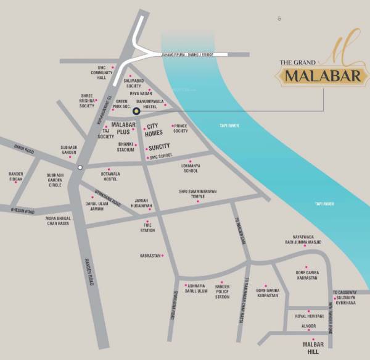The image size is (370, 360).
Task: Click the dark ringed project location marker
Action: (137, 112)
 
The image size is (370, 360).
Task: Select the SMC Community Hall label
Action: (102, 73)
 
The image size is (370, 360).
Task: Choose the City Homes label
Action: (154, 129)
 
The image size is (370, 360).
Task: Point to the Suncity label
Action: (159, 147)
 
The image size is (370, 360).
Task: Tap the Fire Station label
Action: (147, 228)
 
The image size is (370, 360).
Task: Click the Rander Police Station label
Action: (222, 291)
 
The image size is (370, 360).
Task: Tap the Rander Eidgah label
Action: (15, 176)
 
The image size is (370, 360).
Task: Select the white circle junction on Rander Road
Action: (80, 167)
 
